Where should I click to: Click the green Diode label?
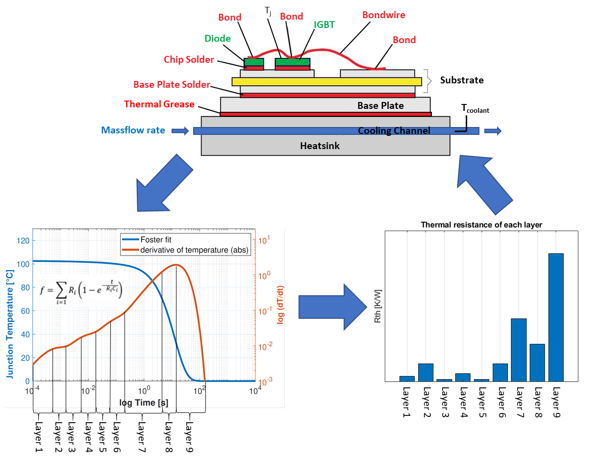pos(218,38)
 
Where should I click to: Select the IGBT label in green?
pos(324,25)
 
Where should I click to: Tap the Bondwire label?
pos(384,15)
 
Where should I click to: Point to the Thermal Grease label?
pos(159,104)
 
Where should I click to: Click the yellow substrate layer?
pos(326,82)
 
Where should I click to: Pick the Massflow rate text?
pos(133,130)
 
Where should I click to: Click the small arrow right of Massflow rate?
pos(180,131)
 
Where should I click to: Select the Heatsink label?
pos(320,146)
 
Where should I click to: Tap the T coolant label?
pos(475,108)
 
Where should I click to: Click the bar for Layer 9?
pos(556,317)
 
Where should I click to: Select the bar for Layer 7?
pos(519,350)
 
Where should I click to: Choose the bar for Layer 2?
pos(426,373)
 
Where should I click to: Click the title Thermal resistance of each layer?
pos(481,225)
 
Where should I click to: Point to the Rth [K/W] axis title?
pos(378,306)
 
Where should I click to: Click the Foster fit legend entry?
pos(147,239)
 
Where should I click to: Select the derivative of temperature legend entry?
pos(185,250)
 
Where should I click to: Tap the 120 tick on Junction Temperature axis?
pos(23,241)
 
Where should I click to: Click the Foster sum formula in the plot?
pos(81,292)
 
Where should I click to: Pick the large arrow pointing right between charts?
pos(333,307)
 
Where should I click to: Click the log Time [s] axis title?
pos(144,403)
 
